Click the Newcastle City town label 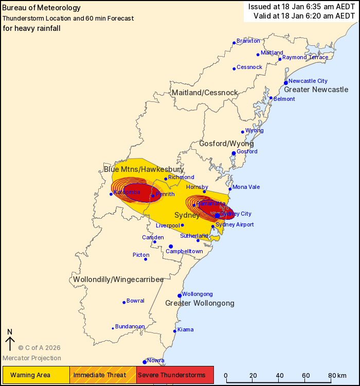pyautogui.click(x=308, y=81)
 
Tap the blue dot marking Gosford pyautogui.click(x=233, y=153)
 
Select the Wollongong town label pyautogui.click(x=197, y=293)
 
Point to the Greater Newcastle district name pyautogui.click(x=316, y=90)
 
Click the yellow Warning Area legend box pyautogui.click(x=36, y=375)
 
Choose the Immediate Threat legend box pyautogui.click(x=103, y=375)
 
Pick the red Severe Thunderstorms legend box pyautogui.click(x=175, y=375)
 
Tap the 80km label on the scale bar pyautogui.click(x=337, y=375)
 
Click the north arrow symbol pyautogui.click(x=9, y=341)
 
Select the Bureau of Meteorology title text pyautogui.click(x=42, y=8)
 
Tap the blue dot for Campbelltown pyautogui.click(x=171, y=247)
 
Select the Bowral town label pyautogui.click(x=135, y=301)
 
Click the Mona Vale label pyautogui.click(x=246, y=187)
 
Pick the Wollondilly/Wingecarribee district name pyautogui.click(x=118, y=279)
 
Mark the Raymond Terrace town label pyautogui.click(x=305, y=57)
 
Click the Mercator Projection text pyautogui.click(x=32, y=358)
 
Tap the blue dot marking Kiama pyautogui.click(x=174, y=331)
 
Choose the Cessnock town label pyautogui.click(x=249, y=67)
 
